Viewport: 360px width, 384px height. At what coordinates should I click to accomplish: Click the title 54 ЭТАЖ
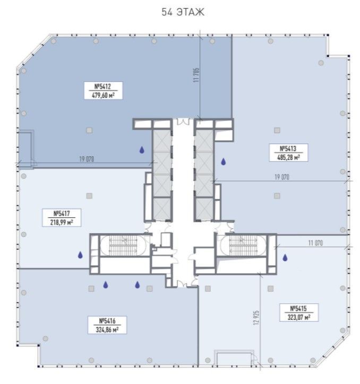click(x=183, y=12)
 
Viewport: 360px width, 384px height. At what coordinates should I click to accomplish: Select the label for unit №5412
click(x=103, y=91)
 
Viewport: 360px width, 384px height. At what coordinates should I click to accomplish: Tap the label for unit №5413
click(x=288, y=153)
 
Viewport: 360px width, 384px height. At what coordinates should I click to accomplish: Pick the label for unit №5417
click(x=62, y=218)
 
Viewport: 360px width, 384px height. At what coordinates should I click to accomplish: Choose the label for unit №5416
click(x=107, y=325)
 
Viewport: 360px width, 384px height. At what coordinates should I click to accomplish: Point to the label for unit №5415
click(x=299, y=312)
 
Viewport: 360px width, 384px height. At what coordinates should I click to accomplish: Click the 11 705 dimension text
click(x=196, y=75)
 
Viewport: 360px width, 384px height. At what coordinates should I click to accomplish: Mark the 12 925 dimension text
click(x=256, y=318)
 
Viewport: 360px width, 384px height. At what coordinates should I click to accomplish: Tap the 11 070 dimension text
click(x=315, y=243)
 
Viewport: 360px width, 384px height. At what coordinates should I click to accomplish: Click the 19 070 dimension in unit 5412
click(x=87, y=159)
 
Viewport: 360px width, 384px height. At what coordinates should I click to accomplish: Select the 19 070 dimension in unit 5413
click(x=282, y=177)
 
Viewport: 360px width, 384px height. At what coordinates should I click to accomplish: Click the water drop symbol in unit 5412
click(x=142, y=150)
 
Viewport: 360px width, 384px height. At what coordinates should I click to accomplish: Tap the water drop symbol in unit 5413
click(x=224, y=161)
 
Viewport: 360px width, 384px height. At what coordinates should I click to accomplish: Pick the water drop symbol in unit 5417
click(x=80, y=255)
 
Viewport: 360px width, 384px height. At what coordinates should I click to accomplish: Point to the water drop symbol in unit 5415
click(x=285, y=258)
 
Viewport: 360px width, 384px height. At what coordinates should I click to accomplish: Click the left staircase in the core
click(x=123, y=245)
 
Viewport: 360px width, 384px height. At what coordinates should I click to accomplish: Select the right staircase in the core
click(x=243, y=245)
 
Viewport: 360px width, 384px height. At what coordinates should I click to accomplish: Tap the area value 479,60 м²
click(x=103, y=95)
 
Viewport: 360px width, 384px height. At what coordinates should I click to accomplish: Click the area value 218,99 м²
click(x=62, y=223)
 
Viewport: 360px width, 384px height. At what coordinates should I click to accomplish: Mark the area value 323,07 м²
click(x=299, y=317)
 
